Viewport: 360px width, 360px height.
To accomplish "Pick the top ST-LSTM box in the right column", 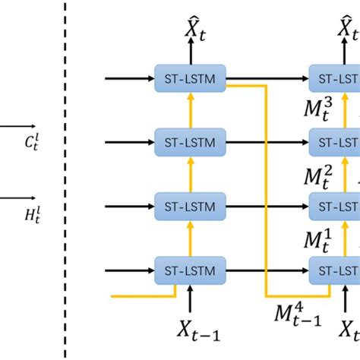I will pos(335,77).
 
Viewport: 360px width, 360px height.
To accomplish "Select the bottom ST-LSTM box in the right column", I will pos(335,269).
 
